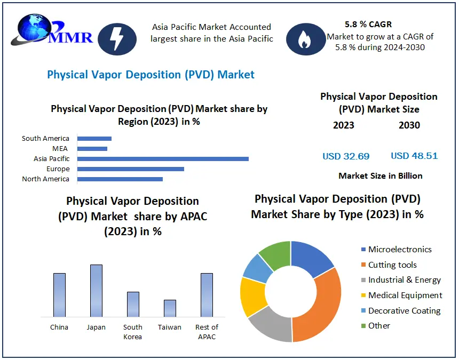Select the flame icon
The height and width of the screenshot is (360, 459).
tap(305, 39)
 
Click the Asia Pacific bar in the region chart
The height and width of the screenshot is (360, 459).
tap(163, 159)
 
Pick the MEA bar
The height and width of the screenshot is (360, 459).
tap(92, 149)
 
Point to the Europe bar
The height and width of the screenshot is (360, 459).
tap(131, 169)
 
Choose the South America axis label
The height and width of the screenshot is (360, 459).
tap(45, 139)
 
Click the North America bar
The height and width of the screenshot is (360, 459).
tap(120, 179)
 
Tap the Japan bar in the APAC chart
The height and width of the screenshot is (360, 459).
tap(96, 291)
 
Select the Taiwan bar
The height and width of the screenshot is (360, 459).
tap(170, 308)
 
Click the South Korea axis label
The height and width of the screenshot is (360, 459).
tap(133, 331)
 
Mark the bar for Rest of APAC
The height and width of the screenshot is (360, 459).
tap(207, 295)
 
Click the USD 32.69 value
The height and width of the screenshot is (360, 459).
tap(346, 156)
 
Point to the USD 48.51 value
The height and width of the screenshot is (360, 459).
tap(414, 156)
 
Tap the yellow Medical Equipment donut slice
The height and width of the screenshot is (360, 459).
tap(252, 296)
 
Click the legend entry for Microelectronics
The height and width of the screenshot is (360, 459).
tap(400, 250)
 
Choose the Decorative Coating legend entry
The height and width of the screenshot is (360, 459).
tap(404, 310)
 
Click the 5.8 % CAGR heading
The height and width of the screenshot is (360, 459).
tap(368, 25)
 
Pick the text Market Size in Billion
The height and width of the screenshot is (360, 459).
tap(381, 175)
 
